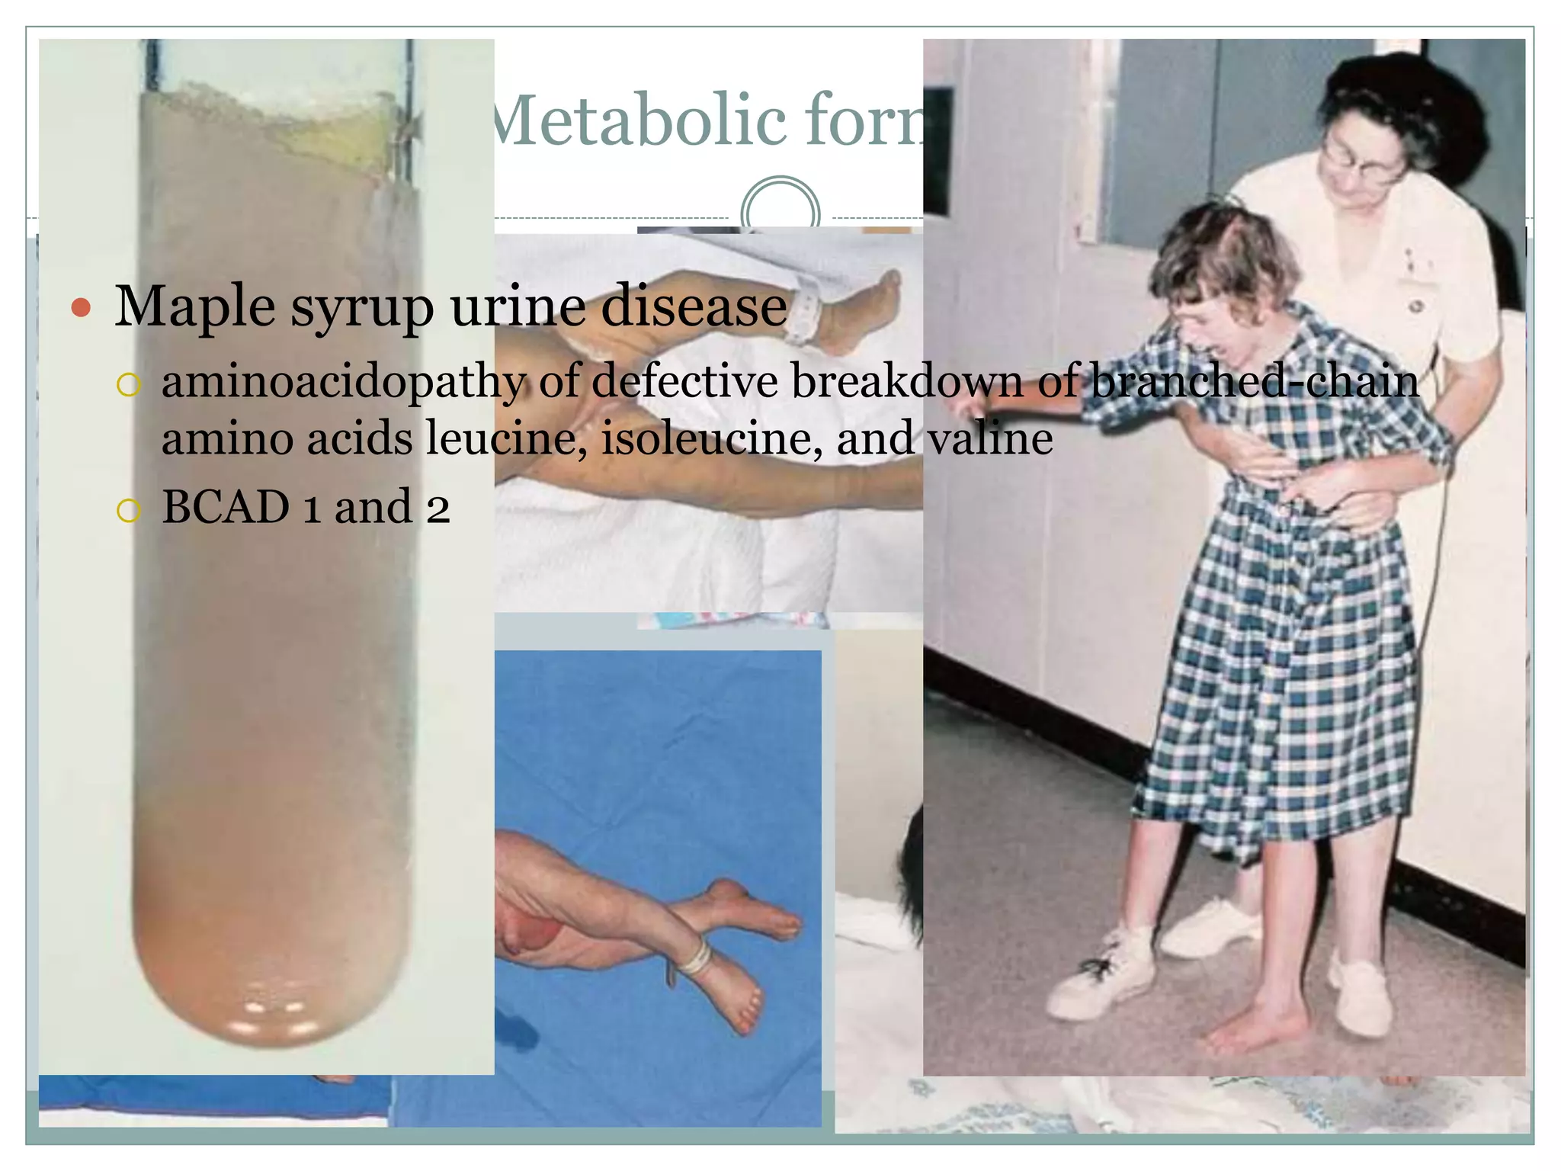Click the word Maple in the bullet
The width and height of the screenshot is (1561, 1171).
[x=194, y=307]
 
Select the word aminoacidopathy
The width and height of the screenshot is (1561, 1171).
[x=344, y=380]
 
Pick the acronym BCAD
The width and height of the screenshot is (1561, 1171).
[x=226, y=507]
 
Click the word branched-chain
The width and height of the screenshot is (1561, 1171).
[x=1255, y=380]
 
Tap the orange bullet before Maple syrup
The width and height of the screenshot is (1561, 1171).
[x=81, y=309]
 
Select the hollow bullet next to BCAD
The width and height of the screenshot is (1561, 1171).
[x=129, y=510]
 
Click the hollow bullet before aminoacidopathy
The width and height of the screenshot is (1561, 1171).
[x=129, y=384]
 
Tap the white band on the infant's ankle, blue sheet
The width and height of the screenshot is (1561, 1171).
[x=695, y=957]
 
